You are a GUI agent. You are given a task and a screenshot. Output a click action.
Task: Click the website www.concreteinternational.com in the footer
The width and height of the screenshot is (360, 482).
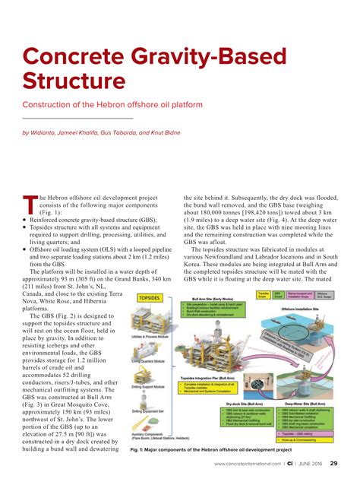(248, 464)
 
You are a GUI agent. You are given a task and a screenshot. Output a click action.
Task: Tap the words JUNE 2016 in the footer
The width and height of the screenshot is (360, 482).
(308, 464)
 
